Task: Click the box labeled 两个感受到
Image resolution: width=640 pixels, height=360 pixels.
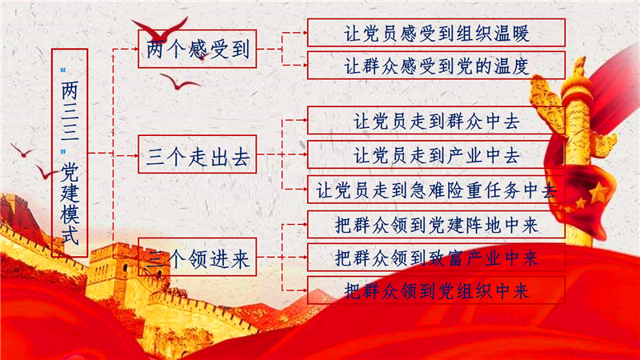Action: (x=197, y=49)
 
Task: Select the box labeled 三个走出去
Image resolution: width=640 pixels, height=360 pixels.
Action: (x=197, y=154)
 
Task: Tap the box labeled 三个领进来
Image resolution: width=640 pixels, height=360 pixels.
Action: (x=197, y=257)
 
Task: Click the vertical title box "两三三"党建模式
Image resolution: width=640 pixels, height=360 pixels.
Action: (x=70, y=153)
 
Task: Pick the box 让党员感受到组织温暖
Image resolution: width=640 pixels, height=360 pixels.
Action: (x=436, y=33)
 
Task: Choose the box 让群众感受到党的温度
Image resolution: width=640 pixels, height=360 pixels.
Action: (x=436, y=66)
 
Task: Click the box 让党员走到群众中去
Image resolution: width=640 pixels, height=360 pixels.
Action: (x=436, y=121)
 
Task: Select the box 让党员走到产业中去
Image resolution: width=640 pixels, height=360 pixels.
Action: (x=436, y=154)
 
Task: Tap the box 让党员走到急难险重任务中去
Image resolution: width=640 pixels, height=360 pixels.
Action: (x=436, y=190)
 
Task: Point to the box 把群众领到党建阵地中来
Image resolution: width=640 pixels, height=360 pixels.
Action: (x=436, y=225)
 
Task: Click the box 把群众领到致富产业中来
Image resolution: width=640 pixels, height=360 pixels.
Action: (x=436, y=257)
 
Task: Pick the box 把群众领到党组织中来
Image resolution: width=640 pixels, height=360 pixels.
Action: (x=436, y=290)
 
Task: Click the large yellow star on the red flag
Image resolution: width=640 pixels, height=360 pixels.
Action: (x=598, y=193)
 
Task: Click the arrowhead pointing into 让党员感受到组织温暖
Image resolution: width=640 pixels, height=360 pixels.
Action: (x=305, y=33)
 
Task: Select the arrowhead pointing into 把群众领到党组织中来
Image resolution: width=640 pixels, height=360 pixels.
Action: (x=305, y=290)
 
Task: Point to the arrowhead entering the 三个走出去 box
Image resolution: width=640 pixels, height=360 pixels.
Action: (x=135, y=155)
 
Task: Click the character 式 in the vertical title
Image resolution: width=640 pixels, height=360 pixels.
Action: (x=70, y=236)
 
